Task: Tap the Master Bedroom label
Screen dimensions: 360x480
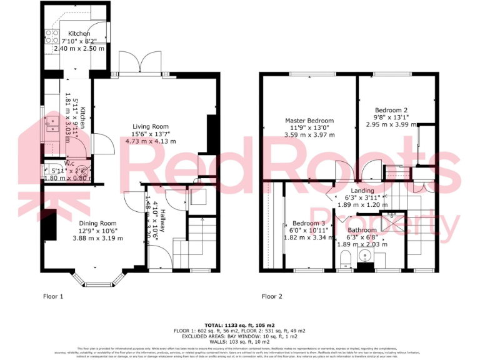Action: [x=309, y=121]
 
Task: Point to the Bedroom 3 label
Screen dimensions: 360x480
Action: [x=309, y=224]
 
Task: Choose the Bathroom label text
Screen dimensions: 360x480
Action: [x=362, y=230]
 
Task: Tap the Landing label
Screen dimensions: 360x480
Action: [x=362, y=191]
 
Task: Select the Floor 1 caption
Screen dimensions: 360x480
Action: [x=53, y=296]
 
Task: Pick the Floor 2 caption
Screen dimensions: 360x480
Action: [x=272, y=296]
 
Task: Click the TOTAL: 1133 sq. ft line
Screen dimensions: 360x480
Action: [x=240, y=326]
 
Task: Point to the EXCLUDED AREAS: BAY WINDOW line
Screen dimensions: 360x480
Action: [x=240, y=336]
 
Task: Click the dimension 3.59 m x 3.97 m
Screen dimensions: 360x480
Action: [x=309, y=134]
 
